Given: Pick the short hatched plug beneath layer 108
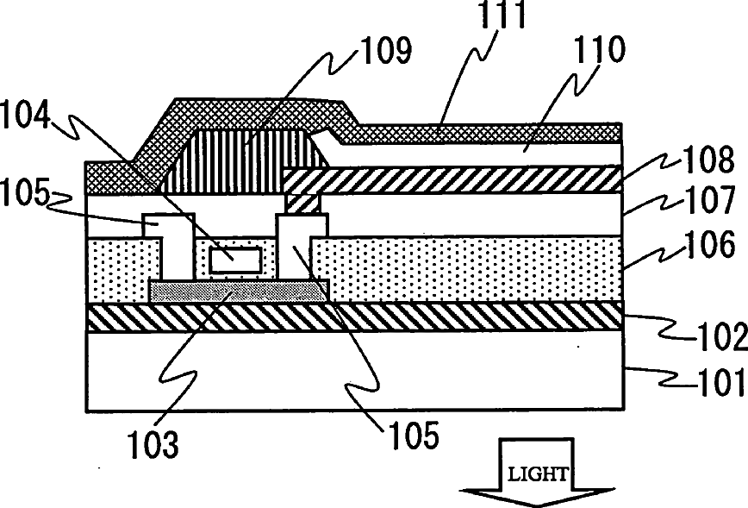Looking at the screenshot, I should click(x=302, y=204).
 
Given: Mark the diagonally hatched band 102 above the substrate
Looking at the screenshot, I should click(x=353, y=317).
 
